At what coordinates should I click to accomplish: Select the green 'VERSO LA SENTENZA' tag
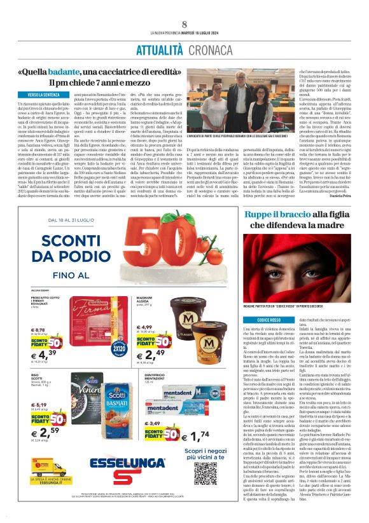pos(44,95)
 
